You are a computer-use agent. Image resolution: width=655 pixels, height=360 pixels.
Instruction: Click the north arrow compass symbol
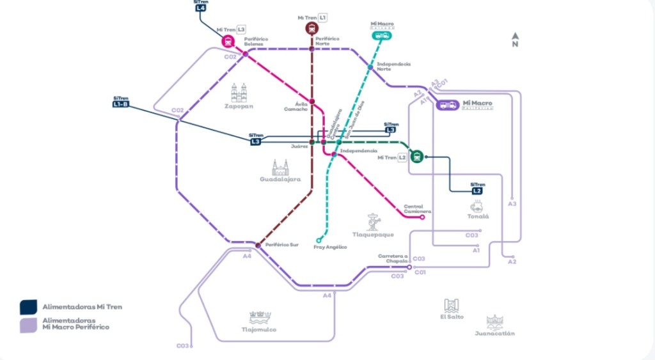(515, 40)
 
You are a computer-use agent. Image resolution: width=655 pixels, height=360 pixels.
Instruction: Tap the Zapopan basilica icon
(239, 93)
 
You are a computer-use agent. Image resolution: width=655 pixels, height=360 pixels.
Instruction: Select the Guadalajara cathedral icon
(280, 168)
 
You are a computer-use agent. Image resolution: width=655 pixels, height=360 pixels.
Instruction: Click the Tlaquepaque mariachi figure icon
(373, 222)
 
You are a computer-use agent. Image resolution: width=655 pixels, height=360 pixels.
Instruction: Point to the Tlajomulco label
(258, 330)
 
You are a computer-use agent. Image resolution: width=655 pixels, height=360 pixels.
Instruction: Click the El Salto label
(452, 317)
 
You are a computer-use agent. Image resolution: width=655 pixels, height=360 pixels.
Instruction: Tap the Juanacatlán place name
(494, 333)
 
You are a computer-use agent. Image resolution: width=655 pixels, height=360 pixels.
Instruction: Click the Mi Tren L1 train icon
(312, 28)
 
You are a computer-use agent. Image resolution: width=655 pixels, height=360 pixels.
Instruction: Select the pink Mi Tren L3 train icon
(228, 42)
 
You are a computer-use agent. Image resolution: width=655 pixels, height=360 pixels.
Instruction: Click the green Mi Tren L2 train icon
(417, 155)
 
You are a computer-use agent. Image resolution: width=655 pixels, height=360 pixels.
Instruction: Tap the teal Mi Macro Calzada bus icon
(382, 36)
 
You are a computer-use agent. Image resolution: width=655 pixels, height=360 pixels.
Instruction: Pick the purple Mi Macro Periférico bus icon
(448, 105)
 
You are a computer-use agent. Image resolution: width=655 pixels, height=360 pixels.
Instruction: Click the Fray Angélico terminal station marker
(319, 240)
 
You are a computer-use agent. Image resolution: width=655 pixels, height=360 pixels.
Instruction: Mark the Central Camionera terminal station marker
(422, 217)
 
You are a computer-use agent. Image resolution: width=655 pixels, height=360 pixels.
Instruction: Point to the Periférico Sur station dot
(258, 245)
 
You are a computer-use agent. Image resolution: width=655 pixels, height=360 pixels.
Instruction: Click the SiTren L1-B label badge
(120, 104)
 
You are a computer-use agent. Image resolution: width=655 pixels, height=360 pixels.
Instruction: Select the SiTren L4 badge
(200, 8)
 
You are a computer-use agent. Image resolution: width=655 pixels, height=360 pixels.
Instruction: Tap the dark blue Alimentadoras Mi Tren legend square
(28, 307)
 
